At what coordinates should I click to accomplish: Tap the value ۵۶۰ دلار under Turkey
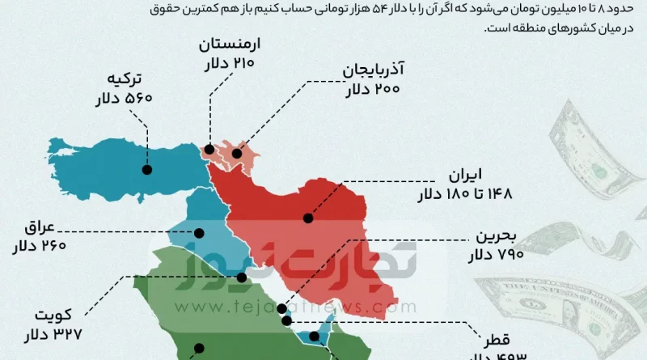123,99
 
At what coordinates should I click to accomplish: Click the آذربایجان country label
374,70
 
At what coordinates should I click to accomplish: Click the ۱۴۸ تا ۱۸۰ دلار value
465,195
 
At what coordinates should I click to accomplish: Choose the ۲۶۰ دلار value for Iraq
38,246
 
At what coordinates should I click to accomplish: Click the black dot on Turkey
148,170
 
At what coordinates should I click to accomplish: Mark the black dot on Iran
308,218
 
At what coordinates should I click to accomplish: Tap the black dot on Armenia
209,149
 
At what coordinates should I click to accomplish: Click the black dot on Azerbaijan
237,153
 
